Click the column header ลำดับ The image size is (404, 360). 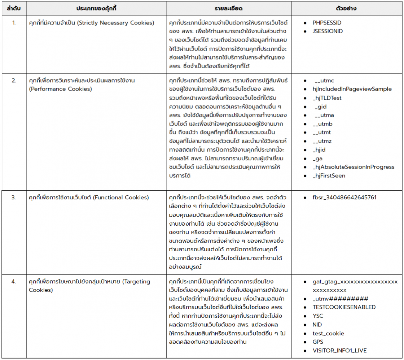coord(13,8)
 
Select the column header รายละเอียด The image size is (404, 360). coord(229,8)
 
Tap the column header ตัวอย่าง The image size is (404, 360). coord(347,8)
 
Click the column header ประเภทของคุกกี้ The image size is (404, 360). coord(96,8)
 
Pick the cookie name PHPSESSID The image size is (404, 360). coord(327,23)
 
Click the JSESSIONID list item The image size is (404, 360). coord(328,31)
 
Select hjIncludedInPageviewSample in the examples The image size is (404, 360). coord(352,89)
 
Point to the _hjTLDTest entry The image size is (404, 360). coord(327,98)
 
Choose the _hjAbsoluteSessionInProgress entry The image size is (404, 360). coord(353,167)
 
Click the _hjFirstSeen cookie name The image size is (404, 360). coord(329,176)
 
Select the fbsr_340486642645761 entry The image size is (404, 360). coord(344,198)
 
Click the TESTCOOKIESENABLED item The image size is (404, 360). coord(344,307)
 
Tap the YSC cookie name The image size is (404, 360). coord(318,316)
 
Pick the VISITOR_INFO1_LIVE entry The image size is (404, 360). coord(340,351)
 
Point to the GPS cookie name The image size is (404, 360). coord(318,342)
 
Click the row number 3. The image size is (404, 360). coord(13,198)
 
